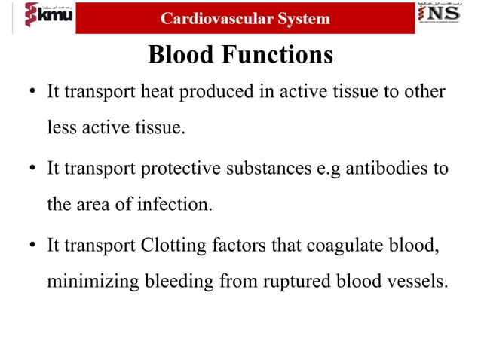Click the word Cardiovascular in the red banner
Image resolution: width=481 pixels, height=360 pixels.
(214, 18)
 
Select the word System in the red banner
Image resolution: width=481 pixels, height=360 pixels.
(301, 18)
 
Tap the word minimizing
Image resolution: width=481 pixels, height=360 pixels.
(91, 282)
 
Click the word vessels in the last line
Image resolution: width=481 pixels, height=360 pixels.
(417, 282)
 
